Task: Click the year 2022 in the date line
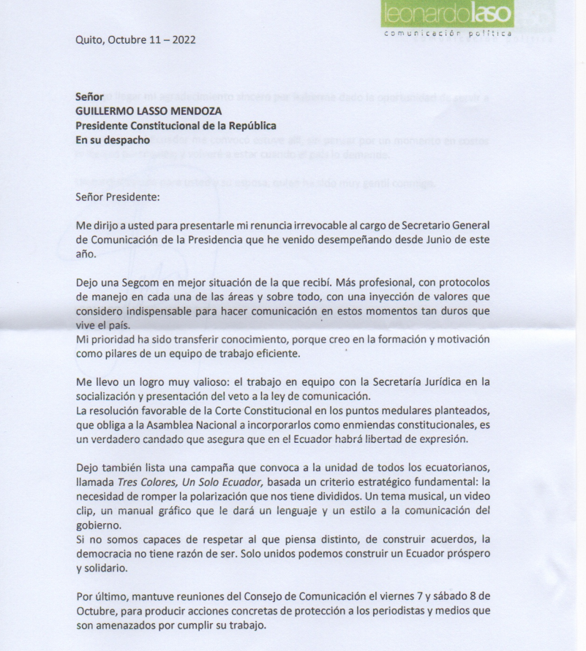click(180, 39)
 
